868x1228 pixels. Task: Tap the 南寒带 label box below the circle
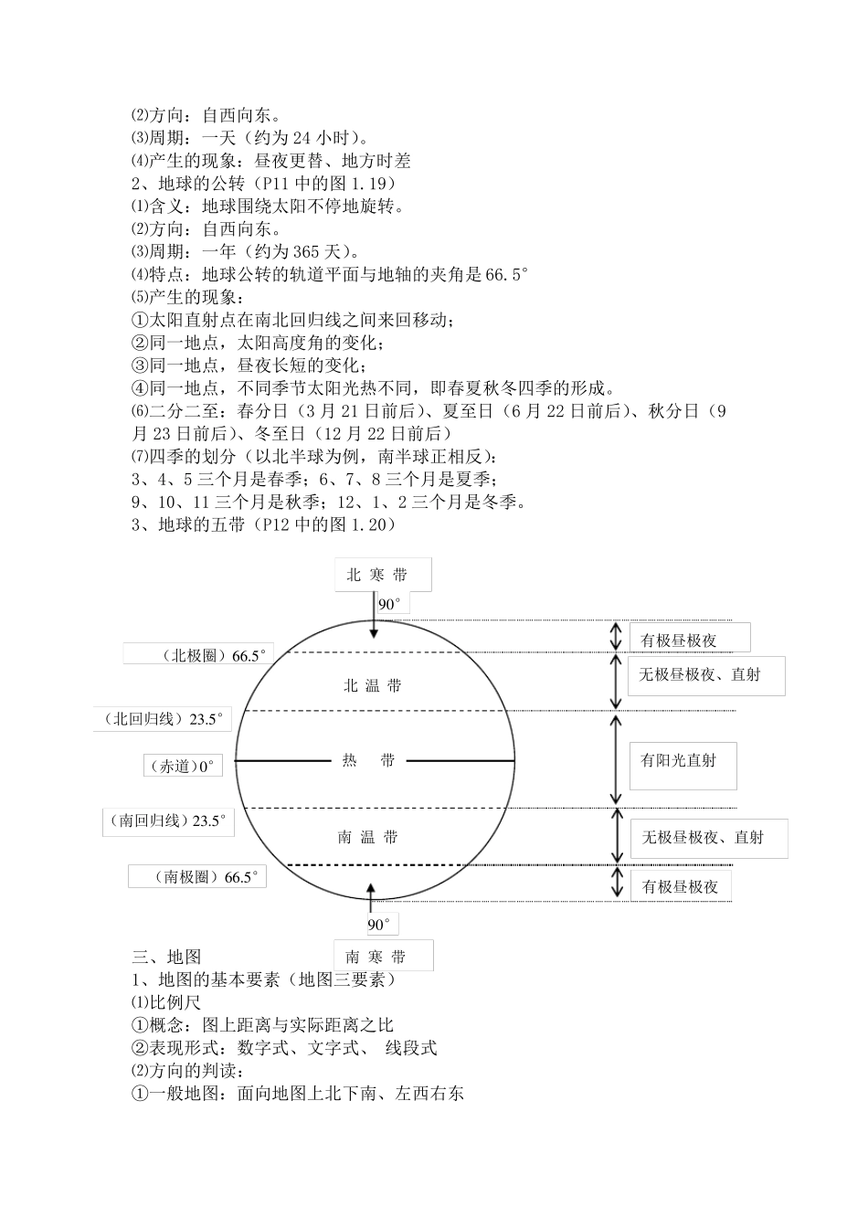383,957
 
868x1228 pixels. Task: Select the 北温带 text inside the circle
373,685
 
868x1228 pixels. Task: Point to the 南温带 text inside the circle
367,837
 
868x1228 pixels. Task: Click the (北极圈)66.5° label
198,655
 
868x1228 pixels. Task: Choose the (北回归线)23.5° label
163,719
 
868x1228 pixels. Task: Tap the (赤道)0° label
182,767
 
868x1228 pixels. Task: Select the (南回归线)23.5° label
167,820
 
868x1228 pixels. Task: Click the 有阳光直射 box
683,761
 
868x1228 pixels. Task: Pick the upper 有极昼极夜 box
689,640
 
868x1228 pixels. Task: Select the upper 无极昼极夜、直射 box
705,675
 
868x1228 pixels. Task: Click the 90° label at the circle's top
390,604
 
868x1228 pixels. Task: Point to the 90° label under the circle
379,925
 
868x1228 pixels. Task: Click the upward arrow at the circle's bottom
370,895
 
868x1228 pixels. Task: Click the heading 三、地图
166,957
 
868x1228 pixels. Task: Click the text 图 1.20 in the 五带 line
357,524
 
